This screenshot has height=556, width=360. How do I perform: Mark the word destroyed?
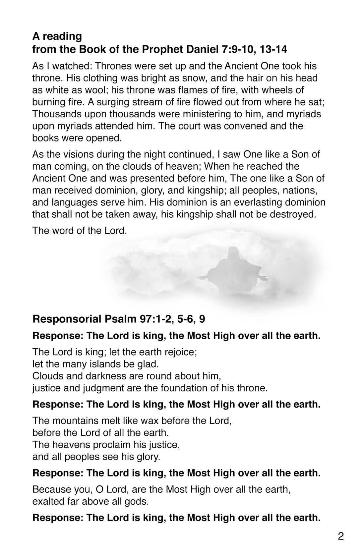(292, 214)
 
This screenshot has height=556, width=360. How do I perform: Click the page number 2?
(341, 536)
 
